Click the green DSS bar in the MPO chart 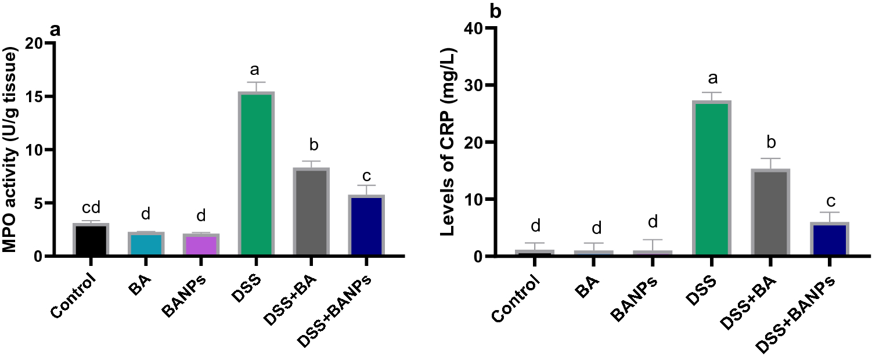point(256,174)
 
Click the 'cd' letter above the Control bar point(91,207)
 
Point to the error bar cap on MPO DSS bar point(256,82)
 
